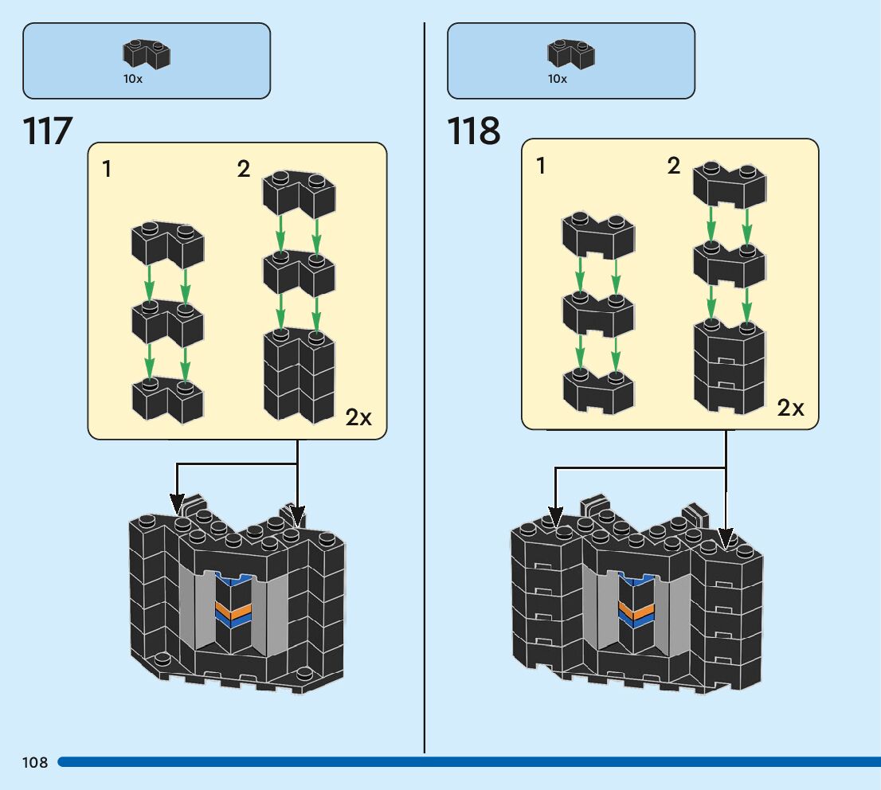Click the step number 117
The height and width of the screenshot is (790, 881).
tap(49, 131)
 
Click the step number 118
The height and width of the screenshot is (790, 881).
tap(474, 131)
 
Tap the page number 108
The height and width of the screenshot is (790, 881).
tap(35, 763)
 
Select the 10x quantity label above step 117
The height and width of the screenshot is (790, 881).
tap(133, 79)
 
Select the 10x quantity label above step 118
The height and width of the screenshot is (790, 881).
tap(557, 79)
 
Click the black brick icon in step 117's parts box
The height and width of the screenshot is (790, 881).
tap(147, 55)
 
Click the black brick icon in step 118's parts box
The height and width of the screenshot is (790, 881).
tap(571, 55)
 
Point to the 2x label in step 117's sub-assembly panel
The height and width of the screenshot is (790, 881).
tap(359, 417)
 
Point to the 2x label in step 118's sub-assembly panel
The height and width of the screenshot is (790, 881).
tap(791, 409)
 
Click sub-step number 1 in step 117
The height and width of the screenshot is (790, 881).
tap(108, 169)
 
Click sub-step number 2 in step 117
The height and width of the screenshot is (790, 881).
tap(243, 169)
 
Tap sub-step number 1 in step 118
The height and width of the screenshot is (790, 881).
tap(542, 166)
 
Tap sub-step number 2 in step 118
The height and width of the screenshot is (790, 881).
tap(674, 166)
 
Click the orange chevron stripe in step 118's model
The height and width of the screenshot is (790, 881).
tap(636, 610)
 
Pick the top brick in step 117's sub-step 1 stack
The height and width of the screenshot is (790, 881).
tap(167, 244)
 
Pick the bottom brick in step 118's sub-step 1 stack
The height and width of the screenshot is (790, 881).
tap(598, 390)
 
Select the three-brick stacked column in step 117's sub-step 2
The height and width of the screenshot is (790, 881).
tap(299, 374)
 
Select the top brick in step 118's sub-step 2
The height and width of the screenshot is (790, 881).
tap(730, 185)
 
